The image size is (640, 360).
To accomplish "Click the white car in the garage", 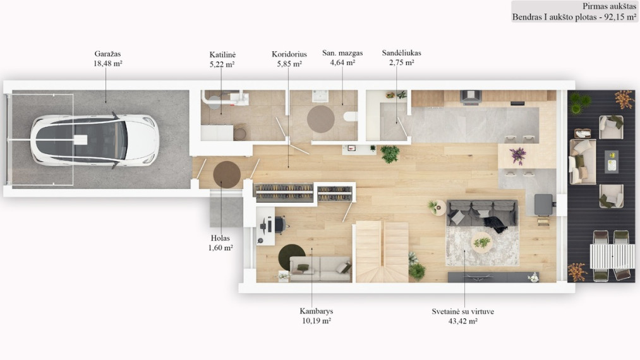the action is [x=95, y=140].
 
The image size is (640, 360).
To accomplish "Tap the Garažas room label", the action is [x=108, y=54].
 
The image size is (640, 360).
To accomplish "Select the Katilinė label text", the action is [x=222, y=54].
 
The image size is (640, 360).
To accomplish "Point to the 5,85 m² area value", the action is [x=289, y=64].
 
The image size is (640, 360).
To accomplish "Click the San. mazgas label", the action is [x=342, y=53].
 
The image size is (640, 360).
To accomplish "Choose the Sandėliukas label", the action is [x=402, y=53].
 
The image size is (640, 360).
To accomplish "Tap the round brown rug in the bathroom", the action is [x=321, y=119].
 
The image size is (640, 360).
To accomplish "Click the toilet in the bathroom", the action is [x=350, y=117].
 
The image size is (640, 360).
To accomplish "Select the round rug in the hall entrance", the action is [x=227, y=175].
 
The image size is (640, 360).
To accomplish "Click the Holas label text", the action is [x=220, y=238].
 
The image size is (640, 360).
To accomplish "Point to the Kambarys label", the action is [x=317, y=311].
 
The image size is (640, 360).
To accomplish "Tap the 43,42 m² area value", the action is [x=463, y=321].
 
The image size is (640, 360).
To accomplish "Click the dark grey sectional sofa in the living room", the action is [x=482, y=213].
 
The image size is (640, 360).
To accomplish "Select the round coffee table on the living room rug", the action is [x=481, y=243].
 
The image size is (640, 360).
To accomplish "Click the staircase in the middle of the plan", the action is [x=382, y=252].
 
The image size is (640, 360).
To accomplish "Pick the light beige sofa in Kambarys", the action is [x=320, y=268].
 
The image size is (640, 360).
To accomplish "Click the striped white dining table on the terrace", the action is [x=612, y=256].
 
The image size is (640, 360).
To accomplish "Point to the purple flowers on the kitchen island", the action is [x=518, y=156].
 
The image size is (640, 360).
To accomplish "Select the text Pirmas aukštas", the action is [x=609, y=6].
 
